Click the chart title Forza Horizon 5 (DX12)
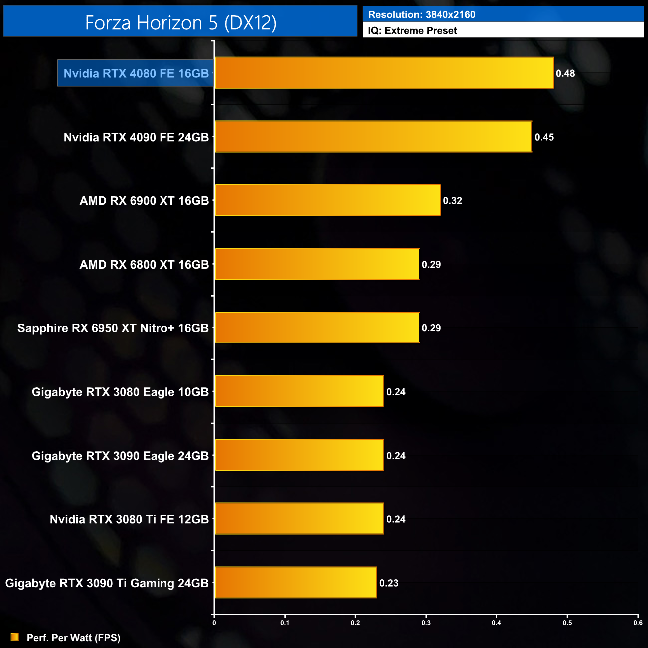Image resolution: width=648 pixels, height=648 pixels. [x=180, y=23]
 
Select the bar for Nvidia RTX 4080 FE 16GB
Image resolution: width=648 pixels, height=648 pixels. [x=384, y=73]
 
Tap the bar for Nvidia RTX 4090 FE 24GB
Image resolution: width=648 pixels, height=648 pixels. [x=373, y=137]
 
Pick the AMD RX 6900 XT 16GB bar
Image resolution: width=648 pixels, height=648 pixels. [x=327, y=200]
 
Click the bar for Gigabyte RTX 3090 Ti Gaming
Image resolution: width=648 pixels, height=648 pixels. [x=296, y=583]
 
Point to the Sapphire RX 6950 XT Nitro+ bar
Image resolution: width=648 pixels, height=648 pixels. [x=317, y=328]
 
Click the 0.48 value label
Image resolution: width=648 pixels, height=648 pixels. [x=565, y=73]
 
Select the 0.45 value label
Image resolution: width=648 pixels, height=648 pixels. [x=544, y=137]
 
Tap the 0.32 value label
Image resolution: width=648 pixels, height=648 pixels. [x=452, y=201]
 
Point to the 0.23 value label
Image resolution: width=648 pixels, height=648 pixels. [x=389, y=583]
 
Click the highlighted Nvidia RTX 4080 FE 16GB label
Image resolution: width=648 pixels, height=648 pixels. [x=136, y=73]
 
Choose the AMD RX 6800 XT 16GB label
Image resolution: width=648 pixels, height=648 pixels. [x=144, y=265]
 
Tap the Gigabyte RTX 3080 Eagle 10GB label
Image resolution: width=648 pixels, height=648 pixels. [x=120, y=392]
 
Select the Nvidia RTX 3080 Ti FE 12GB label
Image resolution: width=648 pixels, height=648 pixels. [x=129, y=519]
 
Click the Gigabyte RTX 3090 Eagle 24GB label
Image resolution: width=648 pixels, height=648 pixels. [x=120, y=456]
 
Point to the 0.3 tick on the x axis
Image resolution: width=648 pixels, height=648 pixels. [x=426, y=623]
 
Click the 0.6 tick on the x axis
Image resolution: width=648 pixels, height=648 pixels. [x=638, y=623]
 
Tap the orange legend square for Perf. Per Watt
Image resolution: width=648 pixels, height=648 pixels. [x=15, y=637]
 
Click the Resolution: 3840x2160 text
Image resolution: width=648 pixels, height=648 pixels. [x=422, y=15]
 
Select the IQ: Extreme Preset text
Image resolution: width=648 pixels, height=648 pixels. [x=412, y=31]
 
